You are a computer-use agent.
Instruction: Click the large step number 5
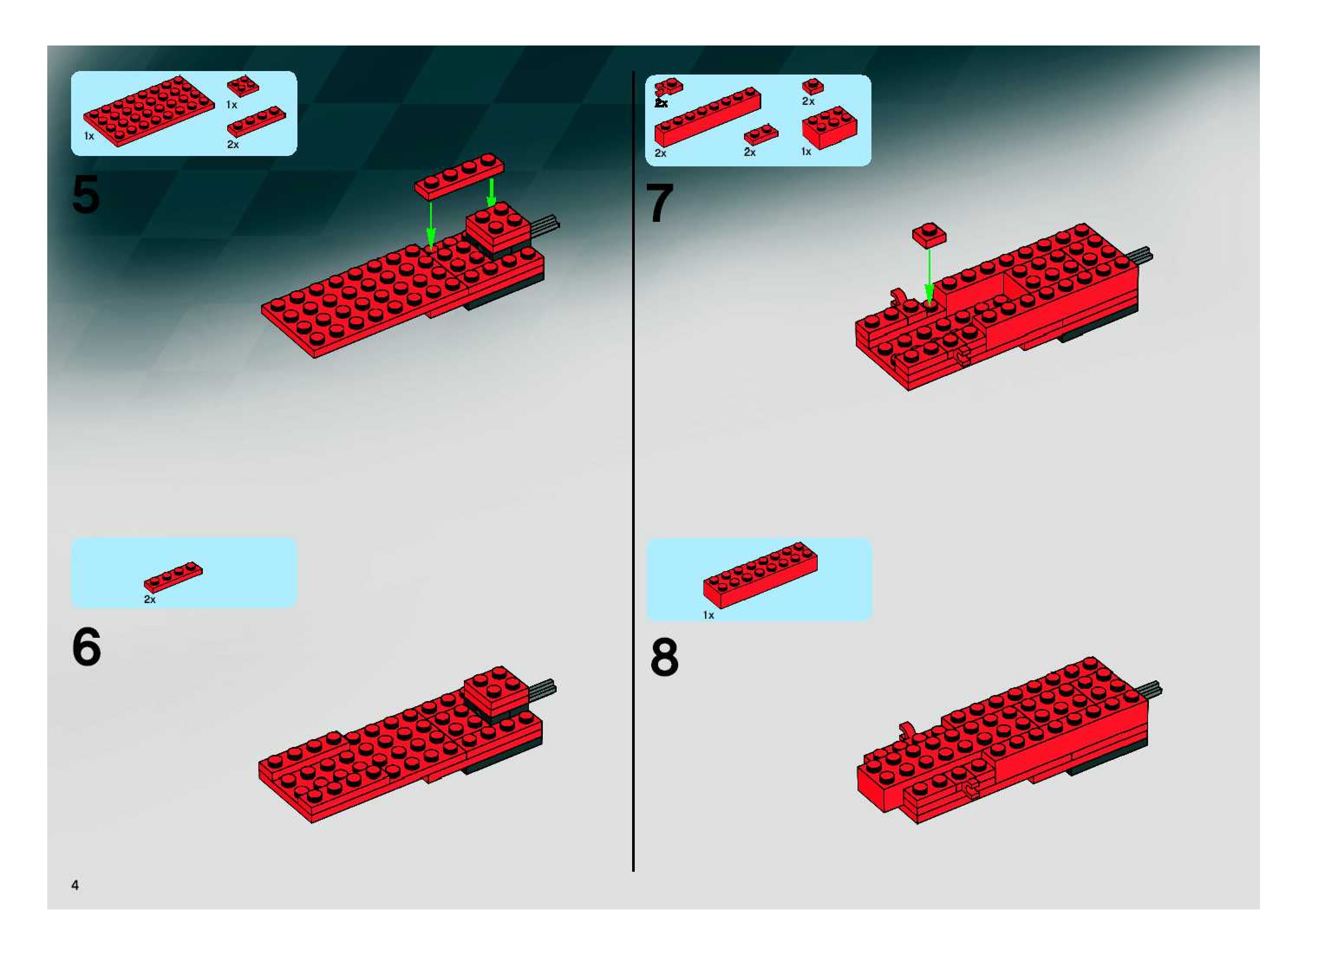coord(85,195)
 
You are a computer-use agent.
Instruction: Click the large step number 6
coord(86,647)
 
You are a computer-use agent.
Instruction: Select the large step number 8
coord(664,657)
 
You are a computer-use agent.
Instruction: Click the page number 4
coord(75,885)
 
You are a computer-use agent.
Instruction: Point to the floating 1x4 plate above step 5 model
coord(459,177)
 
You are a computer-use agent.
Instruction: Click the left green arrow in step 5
coord(431,224)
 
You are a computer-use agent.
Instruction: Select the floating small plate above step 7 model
coord(929,234)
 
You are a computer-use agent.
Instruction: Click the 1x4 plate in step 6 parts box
coord(173,577)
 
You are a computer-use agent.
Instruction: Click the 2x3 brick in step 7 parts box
coord(829,127)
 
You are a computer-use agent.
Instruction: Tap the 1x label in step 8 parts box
coord(708,615)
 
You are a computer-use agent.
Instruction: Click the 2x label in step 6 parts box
coord(150,599)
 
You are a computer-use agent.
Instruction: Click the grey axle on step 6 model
coord(542,688)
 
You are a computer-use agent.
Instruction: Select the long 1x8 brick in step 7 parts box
coord(707,117)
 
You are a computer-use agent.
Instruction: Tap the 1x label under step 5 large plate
coord(89,136)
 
